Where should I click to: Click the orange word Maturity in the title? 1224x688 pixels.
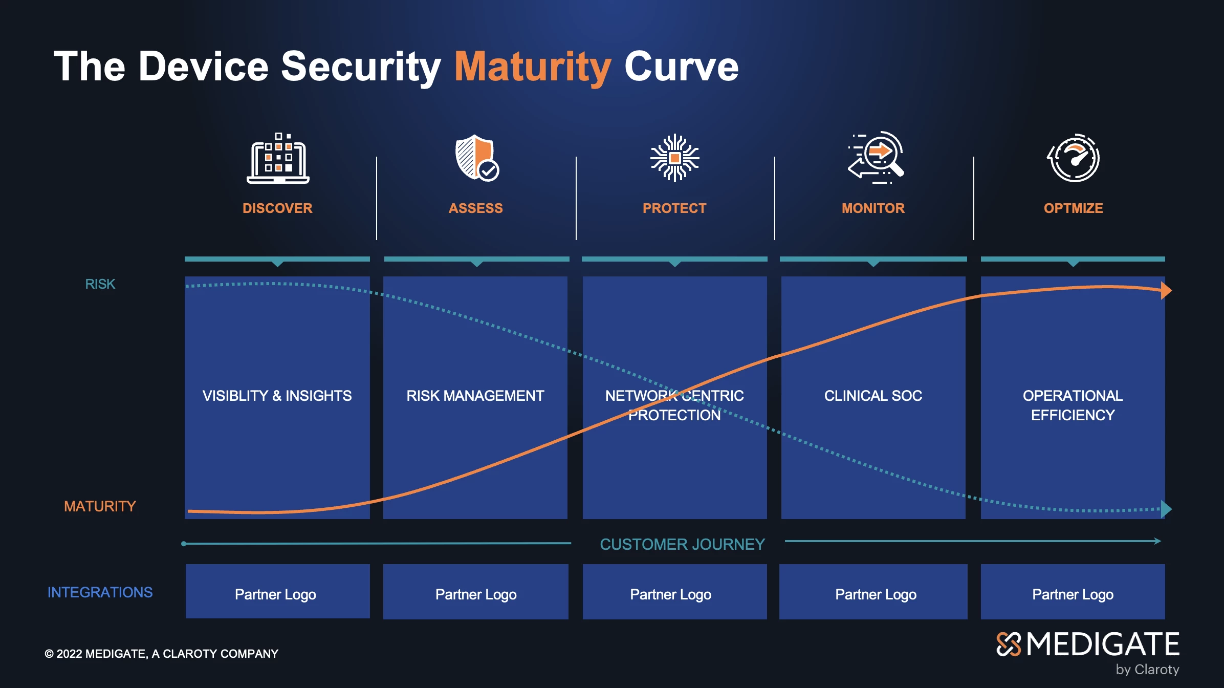pos(533,67)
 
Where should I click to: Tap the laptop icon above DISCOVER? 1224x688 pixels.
pos(278,158)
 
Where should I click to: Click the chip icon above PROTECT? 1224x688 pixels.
pos(675,158)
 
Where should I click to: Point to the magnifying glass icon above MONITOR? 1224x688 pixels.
pos(876,157)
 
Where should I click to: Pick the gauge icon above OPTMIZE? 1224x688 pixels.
pos(1074,158)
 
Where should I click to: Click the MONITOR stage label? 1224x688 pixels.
pos(873,208)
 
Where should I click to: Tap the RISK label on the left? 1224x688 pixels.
pos(100,284)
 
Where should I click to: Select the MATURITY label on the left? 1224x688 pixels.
pos(100,506)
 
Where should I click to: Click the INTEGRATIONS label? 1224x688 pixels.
pos(100,592)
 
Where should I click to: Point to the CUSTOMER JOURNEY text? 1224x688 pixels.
pos(682,544)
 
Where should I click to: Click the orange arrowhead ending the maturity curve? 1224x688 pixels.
pos(1166,290)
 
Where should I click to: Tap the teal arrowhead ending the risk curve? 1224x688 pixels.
pos(1166,509)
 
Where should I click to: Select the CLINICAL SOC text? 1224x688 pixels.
pos(873,396)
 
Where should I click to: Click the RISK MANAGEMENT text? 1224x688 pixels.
pos(475,396)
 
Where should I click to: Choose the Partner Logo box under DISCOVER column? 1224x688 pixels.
pos(278,591)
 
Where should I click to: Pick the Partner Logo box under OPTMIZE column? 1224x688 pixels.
pos(1073,591)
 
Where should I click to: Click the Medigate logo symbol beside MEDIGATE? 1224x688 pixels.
pos(1009,644)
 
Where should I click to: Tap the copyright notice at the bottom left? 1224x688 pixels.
pos(162,654)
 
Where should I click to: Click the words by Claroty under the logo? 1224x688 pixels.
pos(1148,670)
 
